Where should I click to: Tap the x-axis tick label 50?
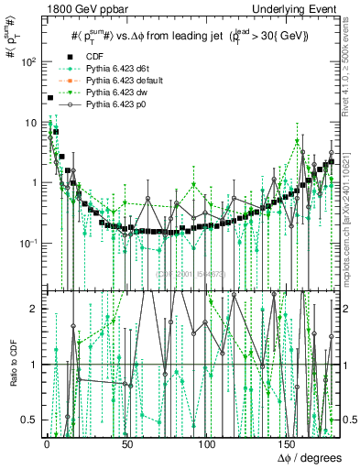click(x=126, y=442)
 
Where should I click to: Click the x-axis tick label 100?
click(x=208, y=442)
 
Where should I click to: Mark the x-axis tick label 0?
click(x=47, y=442)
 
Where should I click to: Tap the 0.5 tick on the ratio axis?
click(x=30, y=420)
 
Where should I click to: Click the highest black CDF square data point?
click(x=49, y=98)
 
